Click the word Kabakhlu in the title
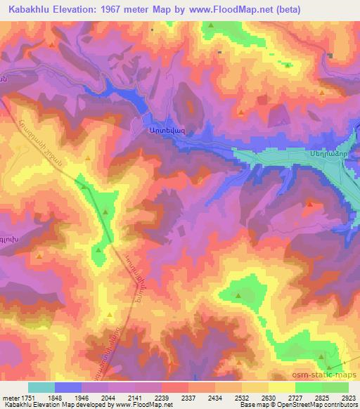point(30,10)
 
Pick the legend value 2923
point(347,397)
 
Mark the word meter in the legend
point(12,397)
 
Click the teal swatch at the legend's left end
point(41,387)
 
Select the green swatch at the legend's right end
point(335,387)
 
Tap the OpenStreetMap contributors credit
point(316,405)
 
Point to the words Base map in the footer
point(252,405)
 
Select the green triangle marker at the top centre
point(212,25)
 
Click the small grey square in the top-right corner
point(330,55)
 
